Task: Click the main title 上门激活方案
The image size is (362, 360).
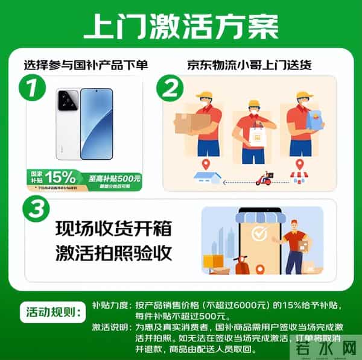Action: [181, 27]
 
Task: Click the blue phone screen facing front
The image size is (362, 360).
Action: [97, 124]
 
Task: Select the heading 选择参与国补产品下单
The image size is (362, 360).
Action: [86, 65]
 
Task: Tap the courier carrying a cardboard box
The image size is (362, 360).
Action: [203, 124]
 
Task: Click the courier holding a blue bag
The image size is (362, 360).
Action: [305, 124]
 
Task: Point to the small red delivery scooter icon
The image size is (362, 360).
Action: [263, 178]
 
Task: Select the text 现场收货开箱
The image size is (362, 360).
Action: [113, 229]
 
